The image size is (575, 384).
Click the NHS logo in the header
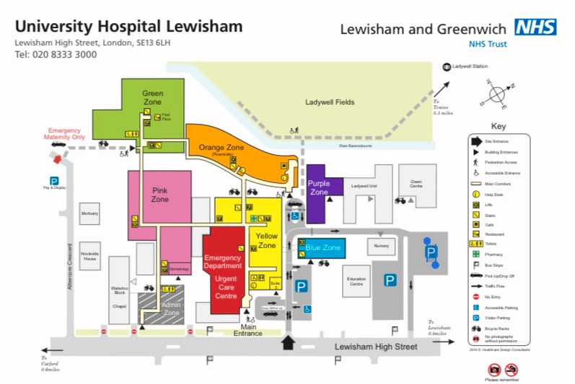(535, 27)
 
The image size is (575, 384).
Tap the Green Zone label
(152, 98)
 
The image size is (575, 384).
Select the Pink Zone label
(159, 195)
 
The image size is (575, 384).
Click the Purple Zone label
(319, 187)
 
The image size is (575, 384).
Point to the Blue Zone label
(322, 248)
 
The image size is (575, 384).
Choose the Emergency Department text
(223, 262)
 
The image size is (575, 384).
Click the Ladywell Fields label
(330, 102)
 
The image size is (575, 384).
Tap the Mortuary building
(90, 214)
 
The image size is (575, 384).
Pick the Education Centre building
(356, 281)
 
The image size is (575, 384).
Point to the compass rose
(498, 94)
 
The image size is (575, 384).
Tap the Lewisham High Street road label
(376, 347)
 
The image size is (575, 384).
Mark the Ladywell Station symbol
(447, 67)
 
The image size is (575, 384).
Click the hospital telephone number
(56, 55)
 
